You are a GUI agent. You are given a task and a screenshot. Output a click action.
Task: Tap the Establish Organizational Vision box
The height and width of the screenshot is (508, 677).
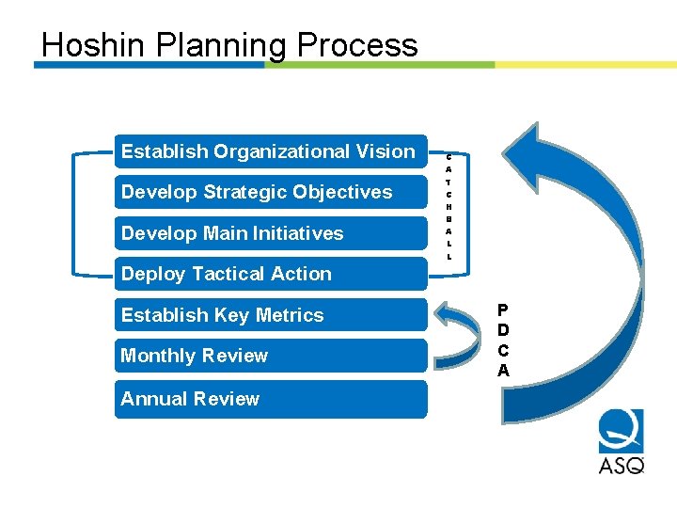click(270, 151)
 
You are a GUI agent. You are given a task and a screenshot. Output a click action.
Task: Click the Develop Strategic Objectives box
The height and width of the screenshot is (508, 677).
click(270, 192)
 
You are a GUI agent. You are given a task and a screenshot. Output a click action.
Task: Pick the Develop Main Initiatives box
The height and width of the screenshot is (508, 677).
click(270, 233)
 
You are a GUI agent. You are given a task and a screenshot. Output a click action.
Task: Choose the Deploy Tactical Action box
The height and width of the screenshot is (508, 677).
click(270, 274)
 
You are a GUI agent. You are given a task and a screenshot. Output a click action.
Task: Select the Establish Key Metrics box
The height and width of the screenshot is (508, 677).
click(270, 315)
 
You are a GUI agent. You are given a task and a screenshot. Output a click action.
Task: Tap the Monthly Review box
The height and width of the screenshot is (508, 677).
click(270, 356)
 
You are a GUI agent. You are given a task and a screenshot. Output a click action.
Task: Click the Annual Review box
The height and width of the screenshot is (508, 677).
click(270, 399)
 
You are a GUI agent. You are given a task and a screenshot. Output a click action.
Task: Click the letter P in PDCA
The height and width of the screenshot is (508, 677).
click(503, 310)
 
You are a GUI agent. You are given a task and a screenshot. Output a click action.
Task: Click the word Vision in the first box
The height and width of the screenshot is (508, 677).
click(385, 151)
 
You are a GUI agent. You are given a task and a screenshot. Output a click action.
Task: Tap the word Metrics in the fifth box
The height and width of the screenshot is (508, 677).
click(291, 315)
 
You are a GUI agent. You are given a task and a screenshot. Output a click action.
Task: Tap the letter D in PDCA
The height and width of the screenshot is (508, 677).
click(503, 330)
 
